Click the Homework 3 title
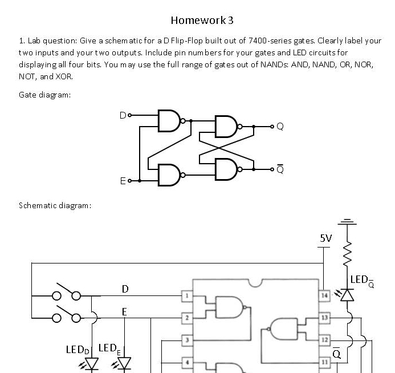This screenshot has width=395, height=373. point(202,21)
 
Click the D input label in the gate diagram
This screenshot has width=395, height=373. point(122,115)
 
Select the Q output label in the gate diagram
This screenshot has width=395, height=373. point(279,127)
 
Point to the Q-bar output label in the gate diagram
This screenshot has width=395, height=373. point(279,169)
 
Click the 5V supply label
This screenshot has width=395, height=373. point(325,238)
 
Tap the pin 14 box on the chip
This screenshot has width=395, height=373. point(324,296)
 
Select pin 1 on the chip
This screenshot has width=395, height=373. point(186,296)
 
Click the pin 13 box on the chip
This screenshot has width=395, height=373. point(324,317)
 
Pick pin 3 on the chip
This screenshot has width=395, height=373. point(186,340)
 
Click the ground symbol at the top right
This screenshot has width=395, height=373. point(348,222)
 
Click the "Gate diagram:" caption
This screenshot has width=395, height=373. point(45,95)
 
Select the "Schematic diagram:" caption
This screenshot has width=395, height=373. point(55,205)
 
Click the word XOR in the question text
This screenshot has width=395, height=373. point(64,76)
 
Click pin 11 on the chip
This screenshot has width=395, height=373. point(324,362)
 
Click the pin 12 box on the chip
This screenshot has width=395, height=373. point(324,340)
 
